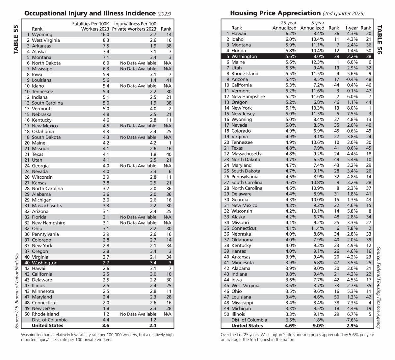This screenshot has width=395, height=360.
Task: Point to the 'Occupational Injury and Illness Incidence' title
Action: click(90, 13)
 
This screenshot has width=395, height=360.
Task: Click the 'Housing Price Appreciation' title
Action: click(275, 13)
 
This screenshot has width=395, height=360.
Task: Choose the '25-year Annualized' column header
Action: click(284, 25)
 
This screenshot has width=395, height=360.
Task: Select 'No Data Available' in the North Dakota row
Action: click(138, 63)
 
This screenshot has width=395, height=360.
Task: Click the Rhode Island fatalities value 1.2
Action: click(96, 314)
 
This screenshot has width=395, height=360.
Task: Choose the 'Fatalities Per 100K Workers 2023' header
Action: click(86, 26)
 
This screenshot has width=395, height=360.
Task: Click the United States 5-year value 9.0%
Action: click(318, 325)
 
